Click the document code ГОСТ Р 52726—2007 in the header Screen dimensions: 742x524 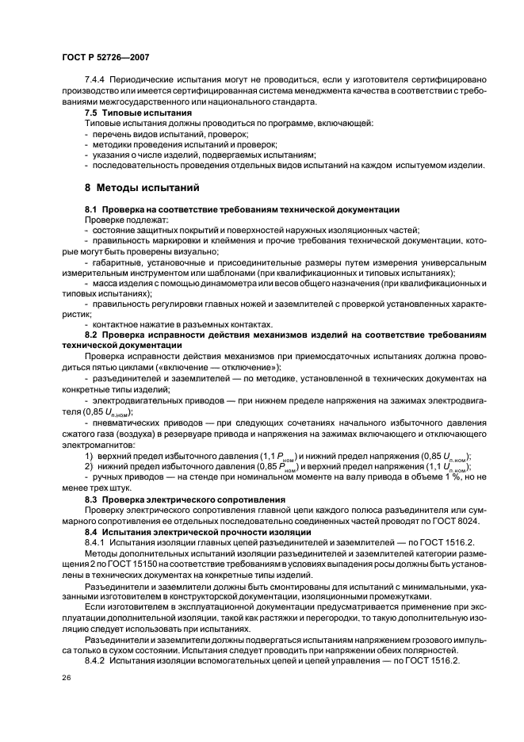coord(105,57)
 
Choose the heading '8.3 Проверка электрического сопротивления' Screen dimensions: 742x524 coord(185,499)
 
